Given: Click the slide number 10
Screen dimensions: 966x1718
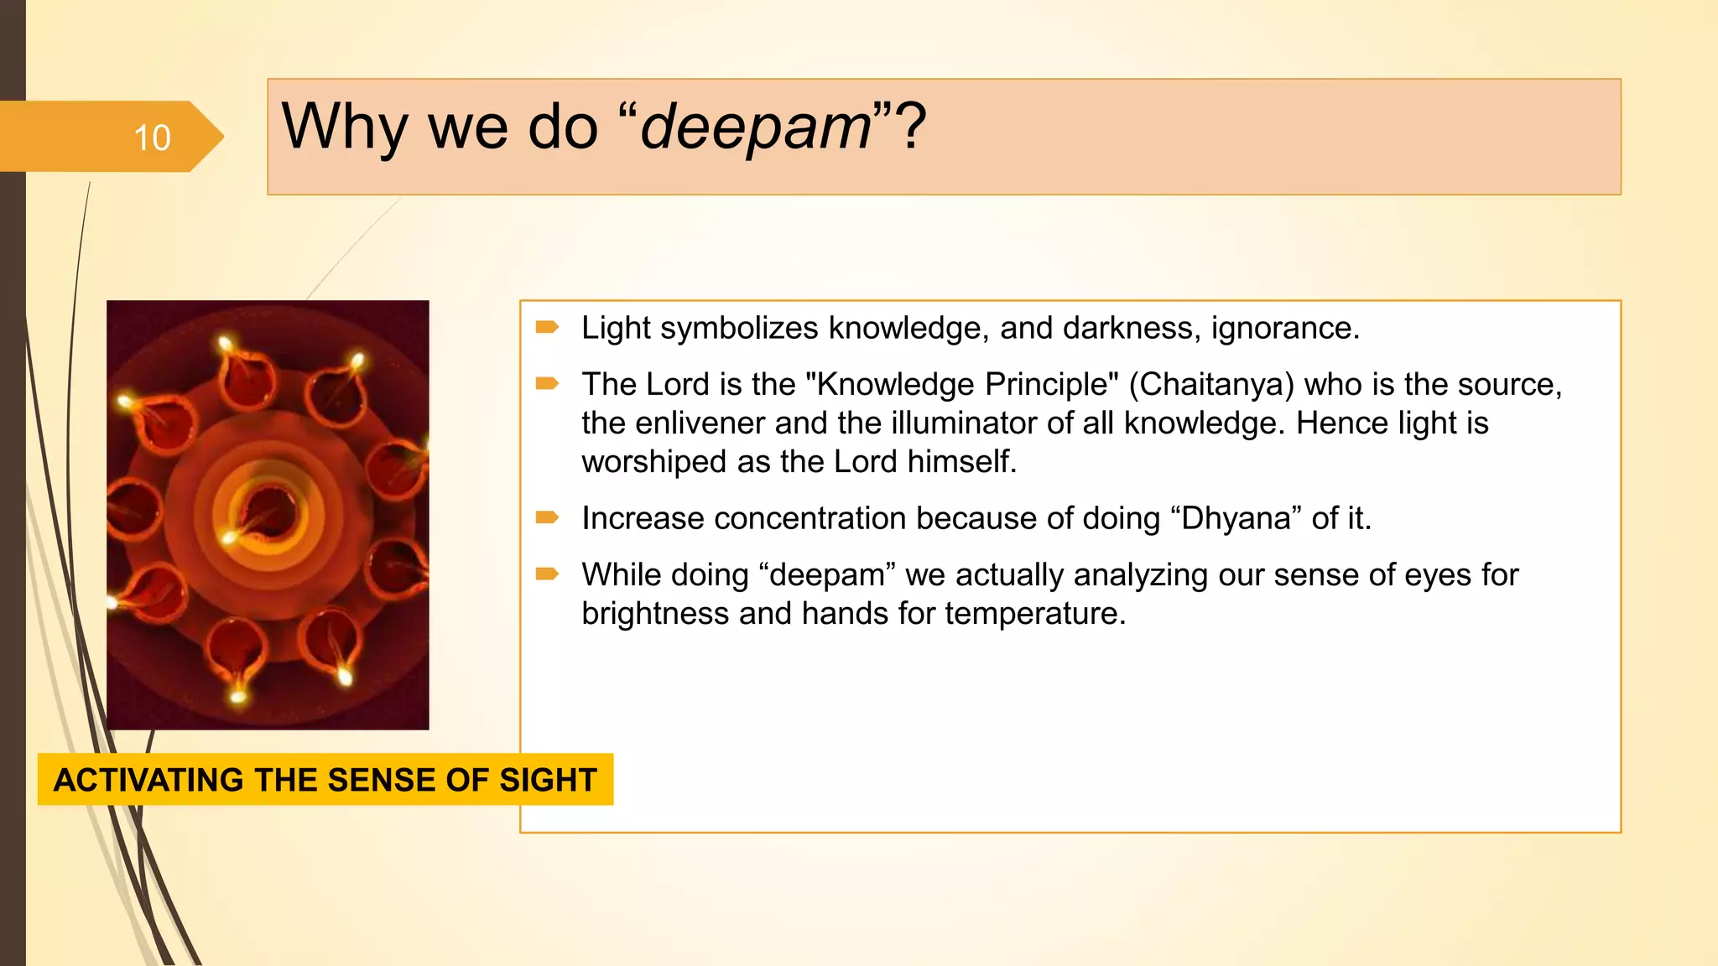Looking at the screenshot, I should [x=152, y=138].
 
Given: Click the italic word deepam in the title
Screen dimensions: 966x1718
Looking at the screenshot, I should [x=756, y=127].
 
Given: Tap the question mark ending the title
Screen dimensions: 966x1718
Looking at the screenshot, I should [x=912, y=126].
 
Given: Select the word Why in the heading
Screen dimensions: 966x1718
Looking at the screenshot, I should [x=345, y=127].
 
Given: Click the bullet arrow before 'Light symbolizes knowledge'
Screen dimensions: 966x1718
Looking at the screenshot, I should [x=547, y=327].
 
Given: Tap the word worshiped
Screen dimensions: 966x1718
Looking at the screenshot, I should [x=653, y=462].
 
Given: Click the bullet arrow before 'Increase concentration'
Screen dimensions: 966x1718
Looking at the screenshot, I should [x=547, y=517].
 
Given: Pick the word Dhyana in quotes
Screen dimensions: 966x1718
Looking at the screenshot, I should [x=1235, y=518].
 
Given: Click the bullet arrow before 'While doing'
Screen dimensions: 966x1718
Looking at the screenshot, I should [x=547, y=574].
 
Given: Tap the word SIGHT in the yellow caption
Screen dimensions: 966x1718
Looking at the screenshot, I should [x=548, y=780].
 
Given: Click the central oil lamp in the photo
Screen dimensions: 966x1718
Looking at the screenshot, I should [x=271, y=513].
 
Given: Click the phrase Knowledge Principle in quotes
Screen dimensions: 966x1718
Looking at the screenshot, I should [x=961, y=384].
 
